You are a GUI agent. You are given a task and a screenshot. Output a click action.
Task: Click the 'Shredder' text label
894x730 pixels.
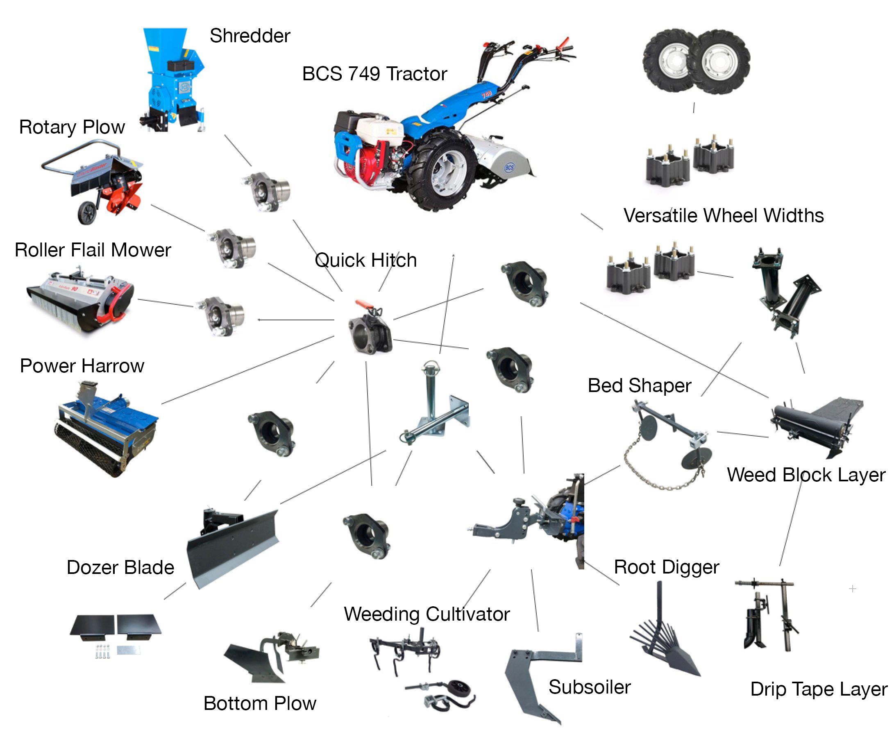click(x=250, y=36)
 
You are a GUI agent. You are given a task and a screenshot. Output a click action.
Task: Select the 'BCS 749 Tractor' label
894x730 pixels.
click(x=374, y=74)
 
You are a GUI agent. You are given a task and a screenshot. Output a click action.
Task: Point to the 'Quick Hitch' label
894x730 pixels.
click(x=365, y=260)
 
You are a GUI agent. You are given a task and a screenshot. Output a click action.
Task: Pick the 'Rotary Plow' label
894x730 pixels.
click(x=72, y=127)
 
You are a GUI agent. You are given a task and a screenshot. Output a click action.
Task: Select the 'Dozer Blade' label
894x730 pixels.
click(x=120, y=567)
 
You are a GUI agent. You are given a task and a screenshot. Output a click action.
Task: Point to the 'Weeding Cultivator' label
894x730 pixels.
click(x=427, y=614)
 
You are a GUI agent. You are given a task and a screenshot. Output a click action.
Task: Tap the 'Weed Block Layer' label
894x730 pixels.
click(x=806, y=475)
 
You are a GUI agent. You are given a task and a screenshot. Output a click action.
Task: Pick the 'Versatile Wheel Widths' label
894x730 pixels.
click(x=723, y=215)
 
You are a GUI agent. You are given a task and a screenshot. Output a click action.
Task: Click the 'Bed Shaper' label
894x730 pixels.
click(x=639, y=385)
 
